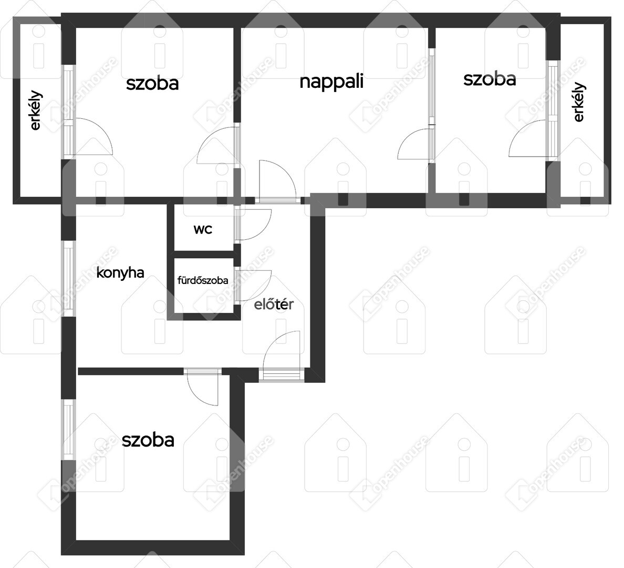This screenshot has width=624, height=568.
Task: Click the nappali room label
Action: pos(331,82)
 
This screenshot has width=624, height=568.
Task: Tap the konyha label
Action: pos(120,273)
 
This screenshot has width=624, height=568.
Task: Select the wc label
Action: pos(203,230)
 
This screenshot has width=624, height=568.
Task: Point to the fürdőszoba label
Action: pos(203,280)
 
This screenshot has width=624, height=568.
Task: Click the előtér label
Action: pos(274,304)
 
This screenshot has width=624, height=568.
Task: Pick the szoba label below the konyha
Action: pos(148,440)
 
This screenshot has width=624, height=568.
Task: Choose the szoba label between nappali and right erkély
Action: pos(490,79)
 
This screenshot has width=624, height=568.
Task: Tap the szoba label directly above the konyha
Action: pos(152,84)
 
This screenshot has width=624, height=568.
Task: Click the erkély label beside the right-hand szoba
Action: pos(579,102)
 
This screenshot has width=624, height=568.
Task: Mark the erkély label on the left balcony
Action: pos(35,111)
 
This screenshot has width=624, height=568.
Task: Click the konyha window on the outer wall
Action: pos(68,278)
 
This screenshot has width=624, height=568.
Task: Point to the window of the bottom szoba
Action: pos(68,430)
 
